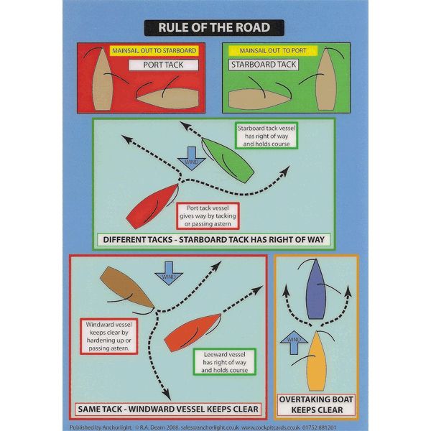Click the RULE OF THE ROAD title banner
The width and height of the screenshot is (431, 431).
click(215, 28)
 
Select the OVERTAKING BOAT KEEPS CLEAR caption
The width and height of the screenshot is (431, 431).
click(317, 404)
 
